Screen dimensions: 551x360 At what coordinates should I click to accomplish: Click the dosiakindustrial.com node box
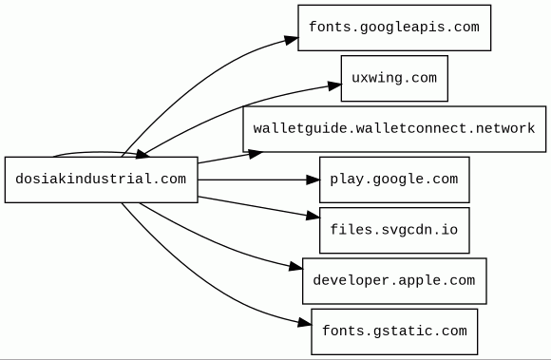coord(102,180)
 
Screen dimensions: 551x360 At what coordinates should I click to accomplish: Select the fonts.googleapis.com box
coord(394,28)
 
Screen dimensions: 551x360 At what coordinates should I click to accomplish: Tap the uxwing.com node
coord(394,78)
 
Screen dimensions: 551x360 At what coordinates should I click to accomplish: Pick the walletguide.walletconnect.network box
coord(394,129)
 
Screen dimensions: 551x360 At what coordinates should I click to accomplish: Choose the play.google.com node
coord(394,180)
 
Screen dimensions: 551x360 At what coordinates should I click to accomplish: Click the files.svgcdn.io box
coord(394,231)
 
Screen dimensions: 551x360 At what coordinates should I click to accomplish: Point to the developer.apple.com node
coord(394,281)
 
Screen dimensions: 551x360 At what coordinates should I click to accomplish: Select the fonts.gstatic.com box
coord(394,332)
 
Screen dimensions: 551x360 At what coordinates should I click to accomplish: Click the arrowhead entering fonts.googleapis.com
coord(292,40)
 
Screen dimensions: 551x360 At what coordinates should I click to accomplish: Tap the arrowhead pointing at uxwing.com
coord(334,85)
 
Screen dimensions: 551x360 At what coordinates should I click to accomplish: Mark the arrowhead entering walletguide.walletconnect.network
coord(256,154)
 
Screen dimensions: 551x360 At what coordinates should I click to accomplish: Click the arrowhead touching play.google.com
coord(313,180)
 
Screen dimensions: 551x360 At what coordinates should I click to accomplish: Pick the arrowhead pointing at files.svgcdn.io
coord(313,216)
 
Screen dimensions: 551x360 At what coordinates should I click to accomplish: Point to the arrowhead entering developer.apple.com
coord(295,267)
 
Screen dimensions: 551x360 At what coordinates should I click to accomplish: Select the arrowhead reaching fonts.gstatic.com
coord(304,322)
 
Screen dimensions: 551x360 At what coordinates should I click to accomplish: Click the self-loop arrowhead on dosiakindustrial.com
coord(142,154)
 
